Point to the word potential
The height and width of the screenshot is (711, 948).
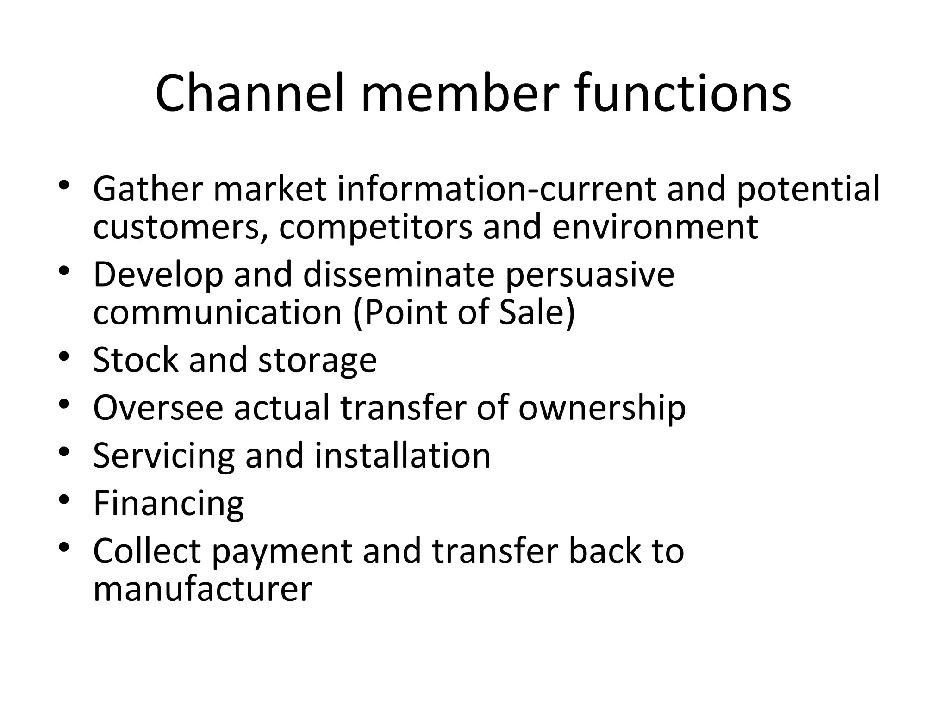coord(808,190)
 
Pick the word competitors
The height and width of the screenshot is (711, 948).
coord(375,228)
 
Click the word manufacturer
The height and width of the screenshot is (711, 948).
coord(202,589)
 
